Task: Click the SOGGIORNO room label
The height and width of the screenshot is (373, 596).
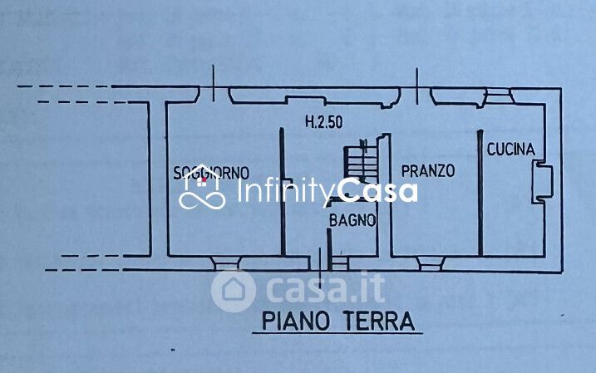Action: point(211,173)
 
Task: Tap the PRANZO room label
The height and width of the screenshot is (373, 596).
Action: point(428,171)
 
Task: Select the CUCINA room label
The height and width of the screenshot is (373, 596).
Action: point(510,150)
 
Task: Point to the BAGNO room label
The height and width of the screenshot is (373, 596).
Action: point(352,221)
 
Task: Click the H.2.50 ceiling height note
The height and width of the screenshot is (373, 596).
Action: point(324,122)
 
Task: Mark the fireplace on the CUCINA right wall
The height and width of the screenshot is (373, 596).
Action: point(543,183)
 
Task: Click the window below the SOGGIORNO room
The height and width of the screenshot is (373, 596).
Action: point(225,263)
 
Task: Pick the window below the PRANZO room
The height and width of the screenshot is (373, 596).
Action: point(429,263)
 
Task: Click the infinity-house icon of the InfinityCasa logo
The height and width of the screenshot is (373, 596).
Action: point(202,193)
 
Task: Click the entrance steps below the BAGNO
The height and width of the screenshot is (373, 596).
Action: point(339,263)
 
